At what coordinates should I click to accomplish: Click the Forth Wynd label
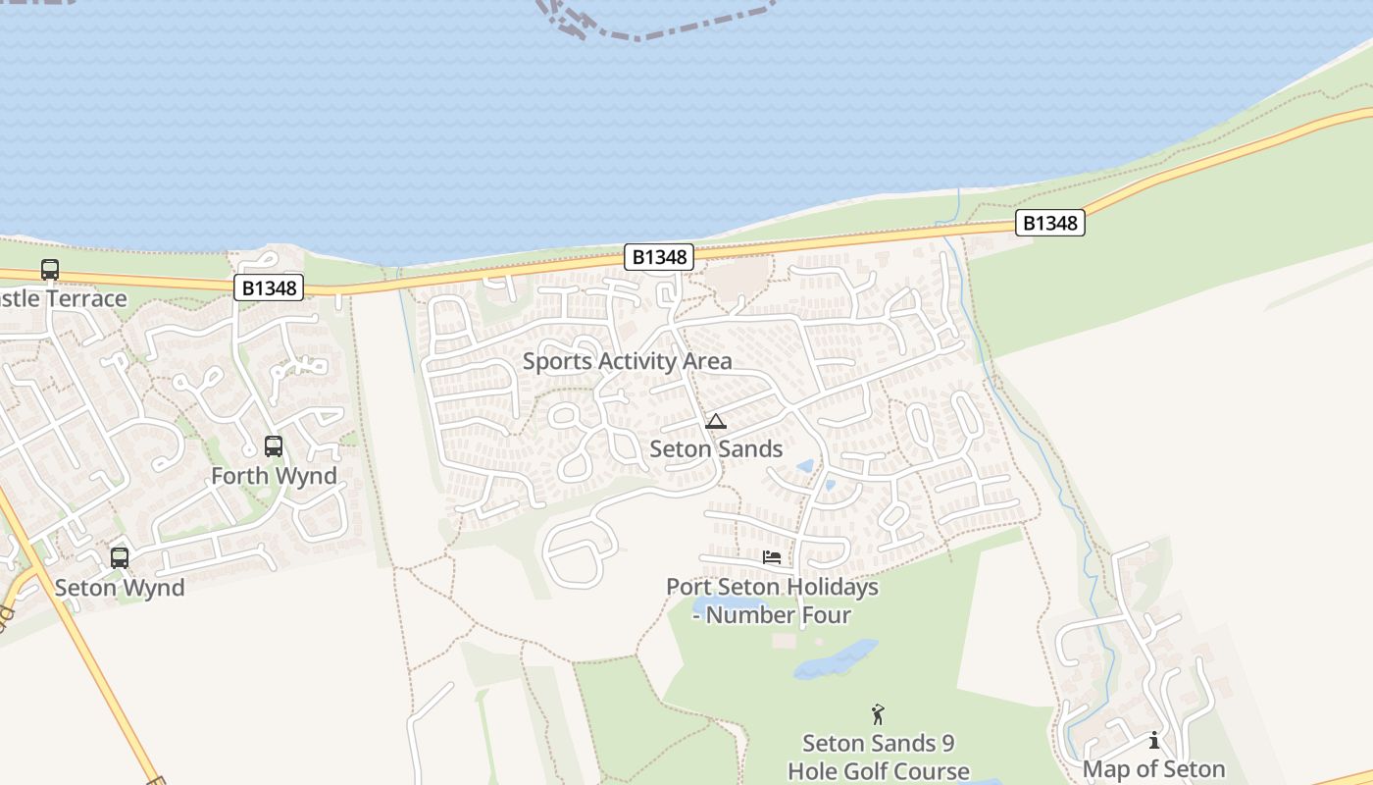274,476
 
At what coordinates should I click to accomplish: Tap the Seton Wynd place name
120,588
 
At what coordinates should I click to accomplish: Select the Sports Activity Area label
627,361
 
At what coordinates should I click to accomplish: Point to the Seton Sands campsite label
716,449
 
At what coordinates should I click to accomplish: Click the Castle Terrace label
63,298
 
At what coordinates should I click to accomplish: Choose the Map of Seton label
1153,769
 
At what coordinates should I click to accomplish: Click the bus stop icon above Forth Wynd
274,446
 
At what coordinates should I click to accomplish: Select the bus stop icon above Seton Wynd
120,558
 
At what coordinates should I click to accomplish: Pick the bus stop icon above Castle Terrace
50,270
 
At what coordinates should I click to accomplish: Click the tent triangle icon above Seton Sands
716,422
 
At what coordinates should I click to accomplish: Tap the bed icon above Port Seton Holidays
772,557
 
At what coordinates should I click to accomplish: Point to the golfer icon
878,714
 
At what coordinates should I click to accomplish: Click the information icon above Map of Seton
1154,740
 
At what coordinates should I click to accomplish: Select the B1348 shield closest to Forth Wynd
269,288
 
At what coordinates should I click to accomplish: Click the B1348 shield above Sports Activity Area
659,257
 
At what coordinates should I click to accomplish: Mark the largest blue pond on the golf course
836,660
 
